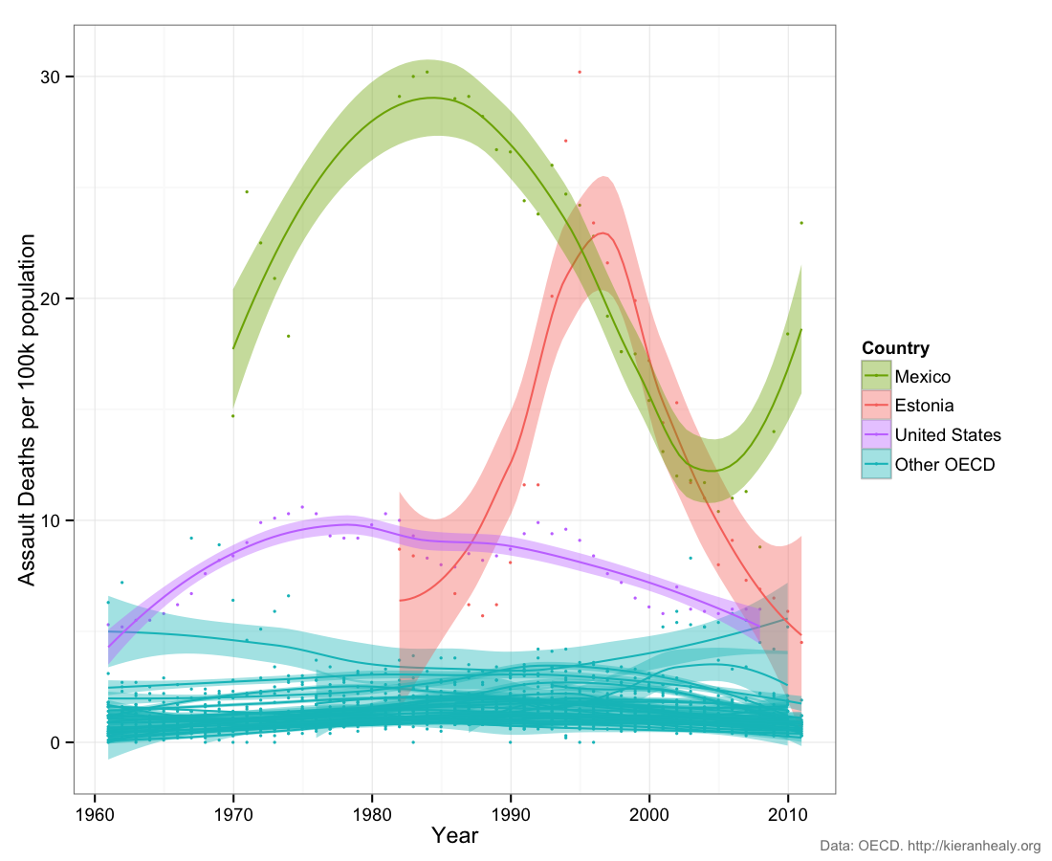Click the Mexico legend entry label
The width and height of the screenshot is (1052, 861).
click(x=922, y=376)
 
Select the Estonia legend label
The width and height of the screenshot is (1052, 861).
click(x=924, y=406)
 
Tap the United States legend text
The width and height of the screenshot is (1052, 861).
click(x=948, y=435)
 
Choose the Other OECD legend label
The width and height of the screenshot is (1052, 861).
click(x=945, y=465)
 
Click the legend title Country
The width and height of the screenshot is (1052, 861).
click(x=895, y=348)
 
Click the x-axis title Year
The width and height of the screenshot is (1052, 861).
click(x=454, y=835)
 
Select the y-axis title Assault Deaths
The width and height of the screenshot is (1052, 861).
click(x=28, y=409)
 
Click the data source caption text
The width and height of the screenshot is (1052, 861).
click(x=931, y=846)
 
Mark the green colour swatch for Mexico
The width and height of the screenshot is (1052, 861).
click(x=876, y=376)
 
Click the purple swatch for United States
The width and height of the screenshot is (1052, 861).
click(x=876, y=435)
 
